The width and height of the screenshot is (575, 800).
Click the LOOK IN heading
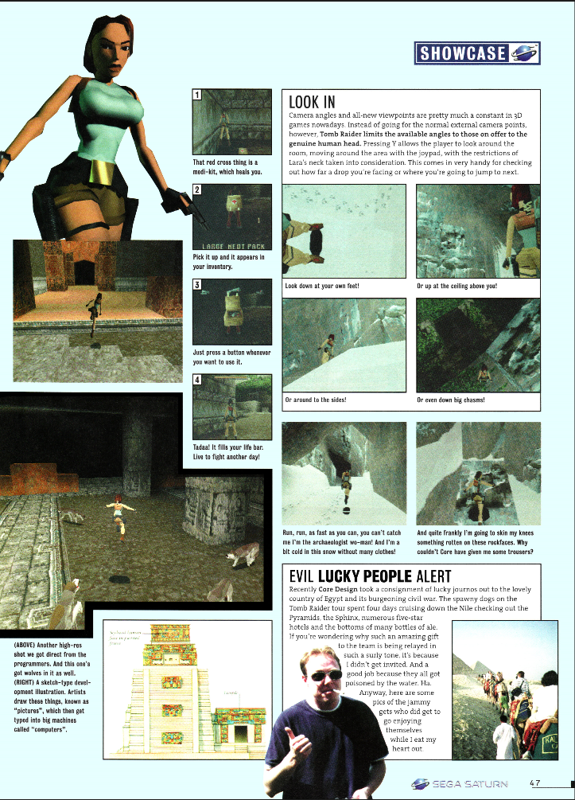[311, 102]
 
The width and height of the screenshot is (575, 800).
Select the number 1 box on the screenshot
[197, 96]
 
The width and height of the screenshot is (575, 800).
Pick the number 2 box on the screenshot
[197, 189]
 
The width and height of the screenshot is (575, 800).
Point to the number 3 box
[197, 284]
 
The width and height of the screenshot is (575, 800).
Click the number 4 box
[197, 380]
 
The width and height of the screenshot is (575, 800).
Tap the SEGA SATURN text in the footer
[469, 783]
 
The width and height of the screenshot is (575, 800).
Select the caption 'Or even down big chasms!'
[451, 400]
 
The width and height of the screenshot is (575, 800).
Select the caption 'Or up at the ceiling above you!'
[457, 284]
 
